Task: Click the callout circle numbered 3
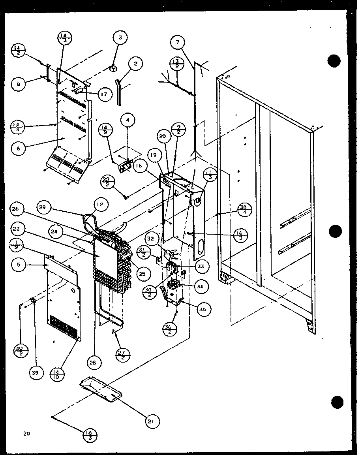pos(120,38)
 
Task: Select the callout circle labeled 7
pos(178,42)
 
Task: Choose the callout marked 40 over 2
pos(20,350)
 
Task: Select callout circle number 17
pos(104,95)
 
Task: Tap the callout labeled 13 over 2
pos(176,64)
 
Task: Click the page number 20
pos(26,434)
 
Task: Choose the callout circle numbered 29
pos(45,207)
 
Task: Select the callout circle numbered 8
pos(18,84)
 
